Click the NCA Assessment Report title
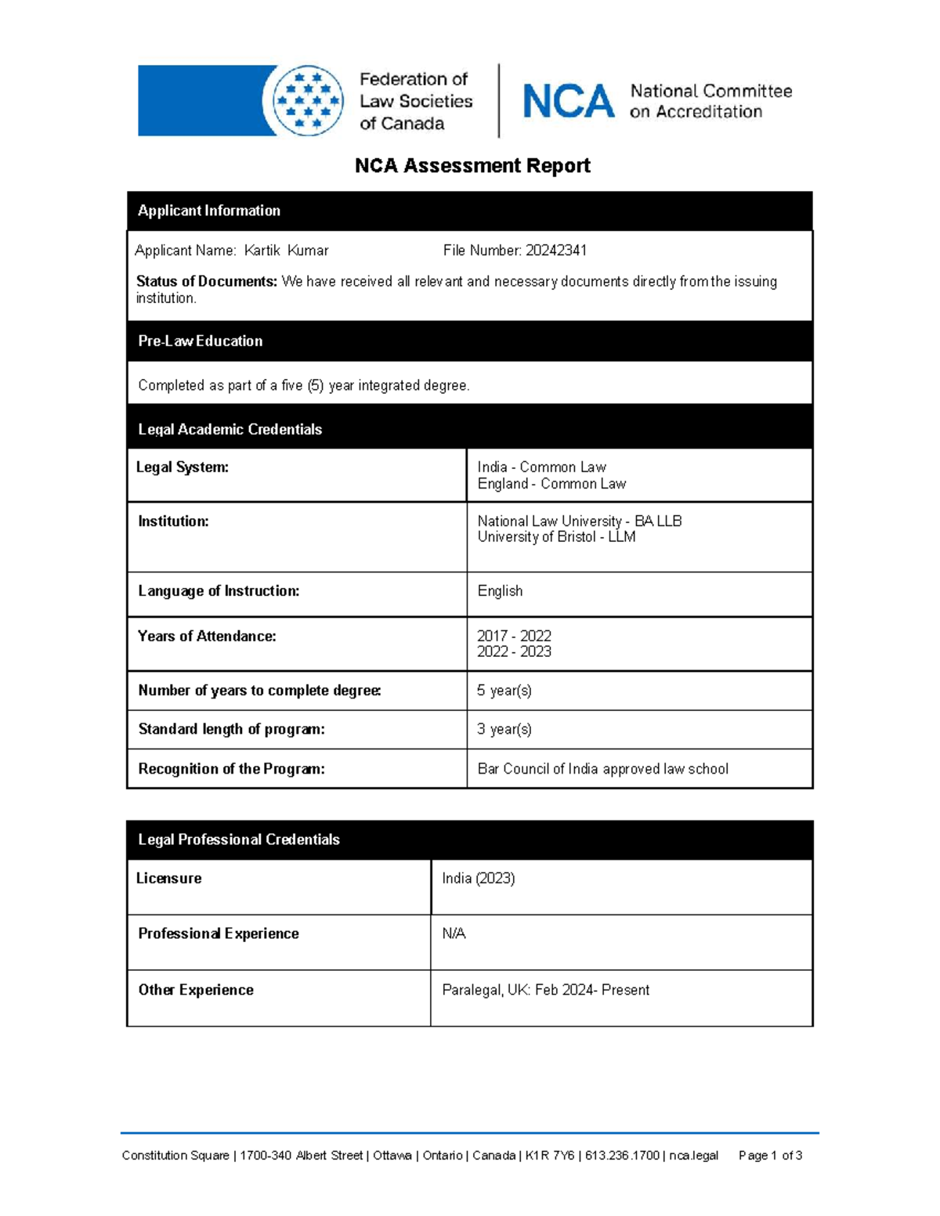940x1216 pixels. point(472,166)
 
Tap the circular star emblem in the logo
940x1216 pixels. point(308,101)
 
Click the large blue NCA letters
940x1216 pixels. point(568,102)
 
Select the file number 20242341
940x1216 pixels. point(555,251)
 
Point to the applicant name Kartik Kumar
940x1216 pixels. point(286,251)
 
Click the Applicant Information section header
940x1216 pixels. point(209,211)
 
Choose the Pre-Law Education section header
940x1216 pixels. point(201,341)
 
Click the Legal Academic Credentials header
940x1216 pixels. point(230,429)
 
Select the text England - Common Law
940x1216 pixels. point(551,484)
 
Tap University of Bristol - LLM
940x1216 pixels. point(556,537)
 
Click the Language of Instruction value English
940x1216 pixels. point(500,591)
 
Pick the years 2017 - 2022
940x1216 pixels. point(514,636)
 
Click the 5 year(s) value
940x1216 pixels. point(504,691)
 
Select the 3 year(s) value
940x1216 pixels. point(504,730)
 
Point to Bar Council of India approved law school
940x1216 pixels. point(602,769)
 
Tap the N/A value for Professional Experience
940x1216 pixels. point(454,933)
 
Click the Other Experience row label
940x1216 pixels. point(196,990)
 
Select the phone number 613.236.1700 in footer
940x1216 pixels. point(622,1156)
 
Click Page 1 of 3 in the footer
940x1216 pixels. point(770,1156)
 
